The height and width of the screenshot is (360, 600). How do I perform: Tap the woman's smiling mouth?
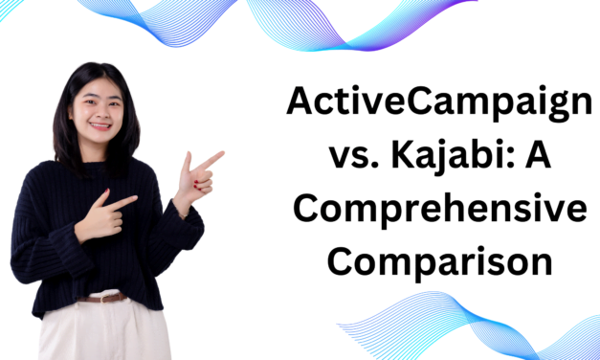pyautogui.click(x=100, y=126)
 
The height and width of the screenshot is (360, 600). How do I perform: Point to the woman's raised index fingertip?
pyautogui.click(x=220, y=153)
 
